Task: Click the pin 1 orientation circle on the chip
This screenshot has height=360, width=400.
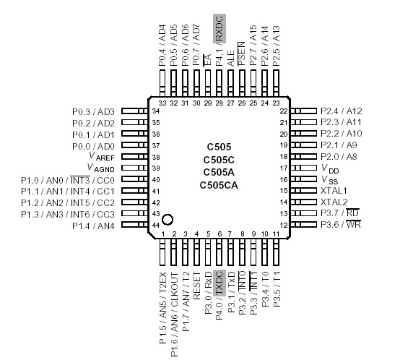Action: pyautogui.click(x=168, y=219)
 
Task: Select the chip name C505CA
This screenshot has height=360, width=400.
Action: pyautogui.click(x=219, y=185)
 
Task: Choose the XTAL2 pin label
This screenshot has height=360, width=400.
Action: pyautogui.click(x=334, y=202)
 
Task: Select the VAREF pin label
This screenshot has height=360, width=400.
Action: pyautogui.click(x=101, y=157)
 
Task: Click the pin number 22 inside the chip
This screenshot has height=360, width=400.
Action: pyautogui.click(x=284, y=111)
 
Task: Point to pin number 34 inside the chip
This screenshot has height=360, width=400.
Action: pyautogui.click(x=155, y=111)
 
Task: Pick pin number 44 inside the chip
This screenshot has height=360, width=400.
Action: pyautogui.click(x=155, y=226)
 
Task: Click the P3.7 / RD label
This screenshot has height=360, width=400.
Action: pyautogui.click(x=340, y=213)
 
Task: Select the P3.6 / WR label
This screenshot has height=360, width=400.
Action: pyautogui.click(x=340, y=225)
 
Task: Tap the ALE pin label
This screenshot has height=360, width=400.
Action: pyautogui.click(x=231, y=59)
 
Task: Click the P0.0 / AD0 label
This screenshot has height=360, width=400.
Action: pyautogui.click(x=93, y=145)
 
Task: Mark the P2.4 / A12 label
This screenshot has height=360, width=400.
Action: pyautogui.click(x=342, y=111)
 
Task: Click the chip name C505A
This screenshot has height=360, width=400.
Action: pyautogui.click(x=219, y=172)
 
